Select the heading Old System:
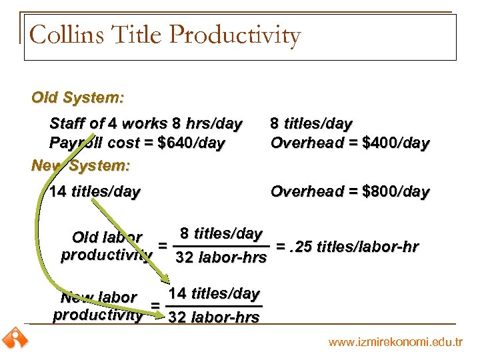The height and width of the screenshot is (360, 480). pos(77,98)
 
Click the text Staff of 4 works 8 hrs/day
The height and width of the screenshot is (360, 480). pos(146,123)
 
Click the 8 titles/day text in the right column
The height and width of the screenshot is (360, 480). pos(311,123)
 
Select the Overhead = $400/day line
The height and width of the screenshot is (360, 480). pos(349,143)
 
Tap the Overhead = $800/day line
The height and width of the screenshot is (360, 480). pos(349,192)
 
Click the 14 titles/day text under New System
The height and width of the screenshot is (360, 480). pos(95,192)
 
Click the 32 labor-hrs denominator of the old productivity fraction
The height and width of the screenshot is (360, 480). pos(221,257)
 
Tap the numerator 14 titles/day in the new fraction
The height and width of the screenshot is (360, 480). pos(214,293)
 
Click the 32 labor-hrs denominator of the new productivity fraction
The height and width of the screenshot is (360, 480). pos(214,317)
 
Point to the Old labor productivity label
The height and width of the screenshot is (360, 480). pos(106,246)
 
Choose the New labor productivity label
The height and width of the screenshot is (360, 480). pos(98,306)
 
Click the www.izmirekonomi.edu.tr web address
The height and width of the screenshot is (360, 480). pos(395,342)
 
